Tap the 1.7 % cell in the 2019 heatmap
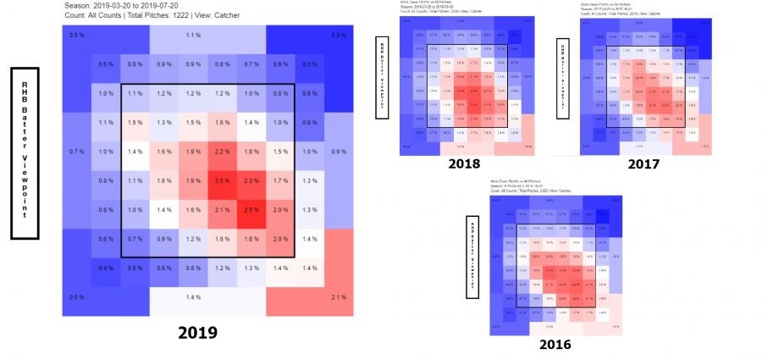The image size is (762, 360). [x=280, y=180]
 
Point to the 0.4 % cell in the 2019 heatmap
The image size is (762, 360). [x=106, y=268]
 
